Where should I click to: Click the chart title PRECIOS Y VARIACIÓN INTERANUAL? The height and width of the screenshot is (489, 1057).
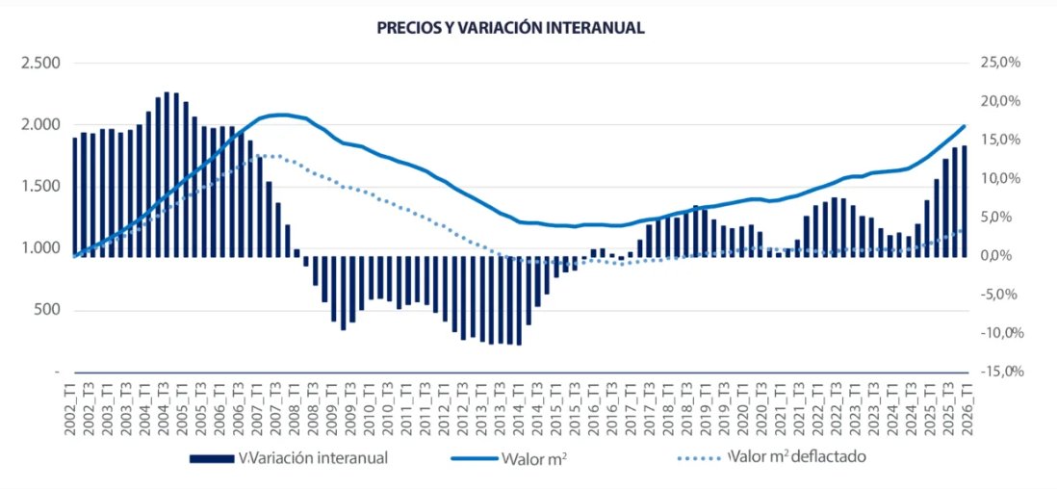tap(510, 28)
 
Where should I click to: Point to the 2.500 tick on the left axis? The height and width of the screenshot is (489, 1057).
tap(41, 63)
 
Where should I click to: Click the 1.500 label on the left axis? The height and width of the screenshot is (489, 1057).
tap(41, 186)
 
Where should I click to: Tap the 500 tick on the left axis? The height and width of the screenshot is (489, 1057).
tap(47, 310)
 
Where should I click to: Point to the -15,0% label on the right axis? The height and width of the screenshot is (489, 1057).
tap(998, 372)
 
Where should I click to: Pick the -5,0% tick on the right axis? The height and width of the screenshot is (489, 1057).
tap(1001, 295)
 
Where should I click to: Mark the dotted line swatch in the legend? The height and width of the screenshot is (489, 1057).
tap(691, 457)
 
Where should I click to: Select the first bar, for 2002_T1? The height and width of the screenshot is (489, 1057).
tap(74, 197)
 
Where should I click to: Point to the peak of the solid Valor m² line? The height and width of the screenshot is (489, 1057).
tap(279, 115)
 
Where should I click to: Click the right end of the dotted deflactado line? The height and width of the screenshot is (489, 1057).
tap(964, 230)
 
